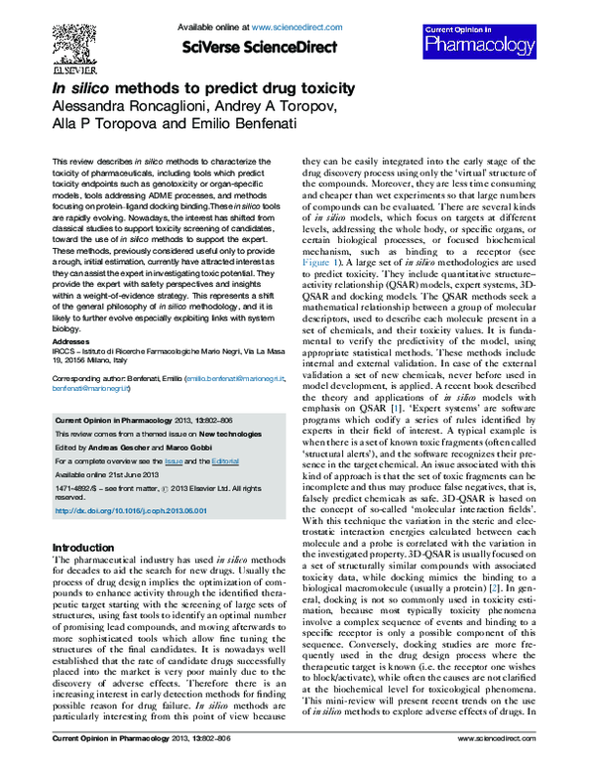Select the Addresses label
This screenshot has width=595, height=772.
coord(69,337)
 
